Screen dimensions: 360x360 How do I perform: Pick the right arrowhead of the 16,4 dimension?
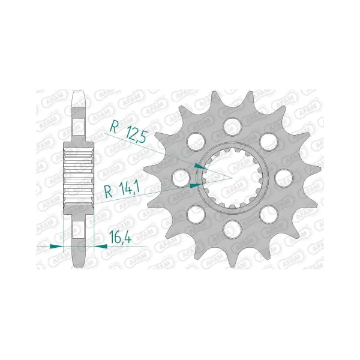pos(100,246)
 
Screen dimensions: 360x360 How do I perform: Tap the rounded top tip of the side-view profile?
pos(79,94)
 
